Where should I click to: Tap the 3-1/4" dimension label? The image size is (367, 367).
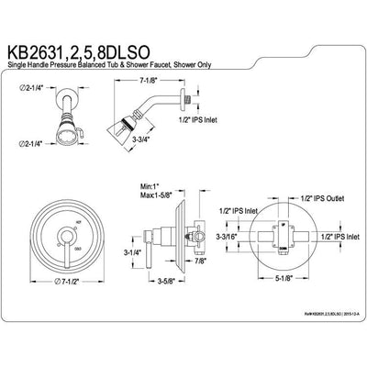(130, 251)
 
